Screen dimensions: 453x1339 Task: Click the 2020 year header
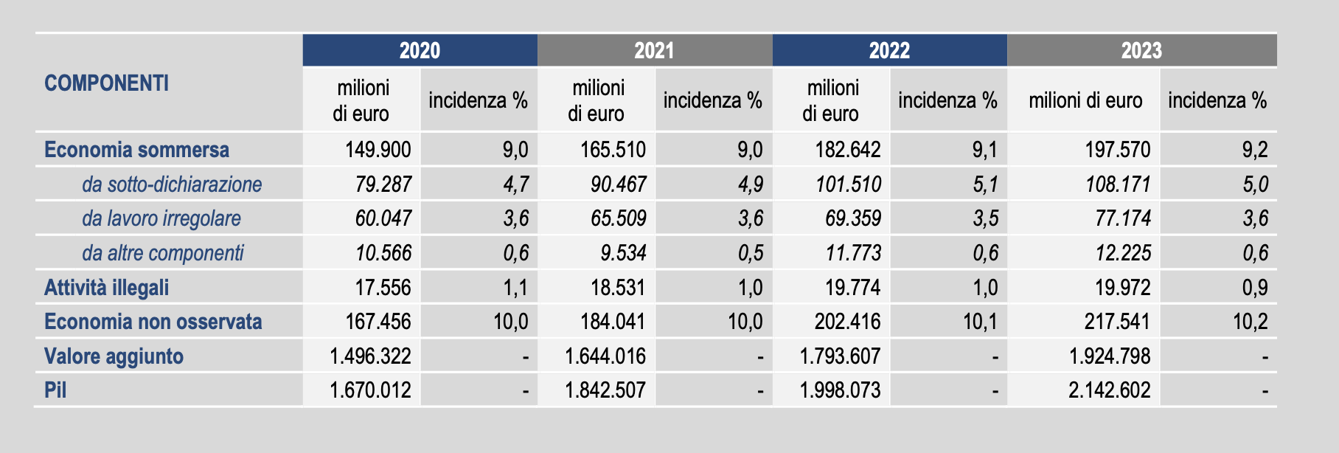420,50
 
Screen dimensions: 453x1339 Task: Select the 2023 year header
1141,50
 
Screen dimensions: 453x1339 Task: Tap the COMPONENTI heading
106,83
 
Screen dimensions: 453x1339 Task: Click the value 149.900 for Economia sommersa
378,150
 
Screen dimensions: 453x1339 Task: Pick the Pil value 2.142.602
1109,390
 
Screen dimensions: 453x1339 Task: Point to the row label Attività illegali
106,287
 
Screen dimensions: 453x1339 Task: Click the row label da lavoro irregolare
161,218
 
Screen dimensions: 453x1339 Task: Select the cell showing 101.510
848,184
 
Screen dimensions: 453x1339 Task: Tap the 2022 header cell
889,50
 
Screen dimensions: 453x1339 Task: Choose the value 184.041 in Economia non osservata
612,322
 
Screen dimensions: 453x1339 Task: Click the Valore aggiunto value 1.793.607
840,356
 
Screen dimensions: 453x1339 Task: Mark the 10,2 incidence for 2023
1251,322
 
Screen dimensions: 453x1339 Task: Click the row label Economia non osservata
153,322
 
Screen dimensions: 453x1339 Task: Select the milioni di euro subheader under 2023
1085,100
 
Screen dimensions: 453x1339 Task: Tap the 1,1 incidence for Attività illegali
515,287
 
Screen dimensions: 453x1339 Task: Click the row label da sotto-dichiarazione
172,184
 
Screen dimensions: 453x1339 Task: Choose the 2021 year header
654,50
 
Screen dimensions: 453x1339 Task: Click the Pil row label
55,390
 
